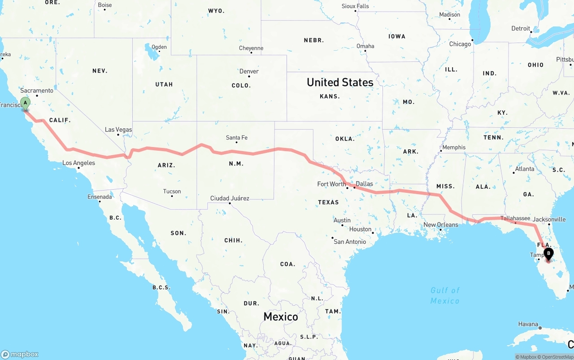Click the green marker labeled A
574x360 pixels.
click(x=26, y=104)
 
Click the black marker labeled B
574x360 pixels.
click(x=548, y=254)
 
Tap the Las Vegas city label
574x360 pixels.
click(x=118, y=130)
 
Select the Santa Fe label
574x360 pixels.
click(x=236, y=138)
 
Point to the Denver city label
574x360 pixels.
click(x=249, y=71)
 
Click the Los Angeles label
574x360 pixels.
click(x=78, y=163)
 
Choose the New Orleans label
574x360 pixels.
click(x=441, y=225)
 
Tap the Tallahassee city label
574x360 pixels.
click(x=515, y=218)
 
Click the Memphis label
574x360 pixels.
click(x=454, y=147)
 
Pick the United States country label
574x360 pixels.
click(x=340, y=82)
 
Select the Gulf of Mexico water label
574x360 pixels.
click(x=445, y=295)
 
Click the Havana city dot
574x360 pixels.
click(x=540, y=328)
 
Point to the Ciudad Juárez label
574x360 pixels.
click(x=230, y=198)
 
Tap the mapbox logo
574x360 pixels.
click(x=20, y=354)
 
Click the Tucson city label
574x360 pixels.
click(x=172, y=191)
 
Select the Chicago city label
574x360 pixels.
click(x=460, y=44)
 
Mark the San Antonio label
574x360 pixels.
click(x=350, y=242)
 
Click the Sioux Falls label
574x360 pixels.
click(x=355, y=6)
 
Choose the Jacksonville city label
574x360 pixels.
click(x=549, y=220)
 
